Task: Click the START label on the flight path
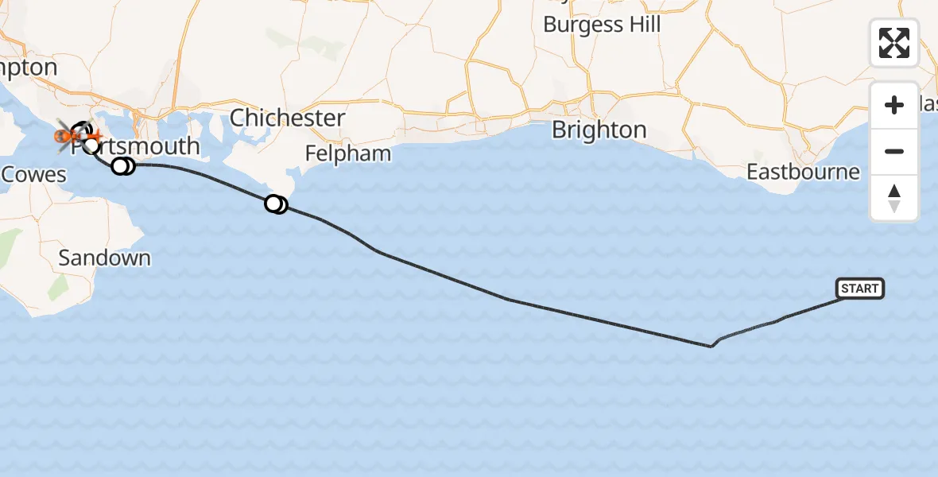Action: pos(859,289)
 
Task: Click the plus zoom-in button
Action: pos(894,106)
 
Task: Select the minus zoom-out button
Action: pos(894,151)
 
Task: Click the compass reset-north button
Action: pos(894,198)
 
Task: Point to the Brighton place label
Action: pos(599,130)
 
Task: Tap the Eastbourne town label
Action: pos(803,172)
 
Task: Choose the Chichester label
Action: pos(288,118)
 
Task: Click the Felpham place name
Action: pos(349,153)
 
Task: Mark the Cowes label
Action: pos(33,175)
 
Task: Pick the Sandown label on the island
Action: pos(104,258)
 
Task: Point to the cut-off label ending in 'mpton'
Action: pos(29,68)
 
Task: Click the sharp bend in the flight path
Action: pos(711,346)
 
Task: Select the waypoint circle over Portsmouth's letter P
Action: pos(91,145)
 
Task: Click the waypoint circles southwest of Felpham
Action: pos(276,204)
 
